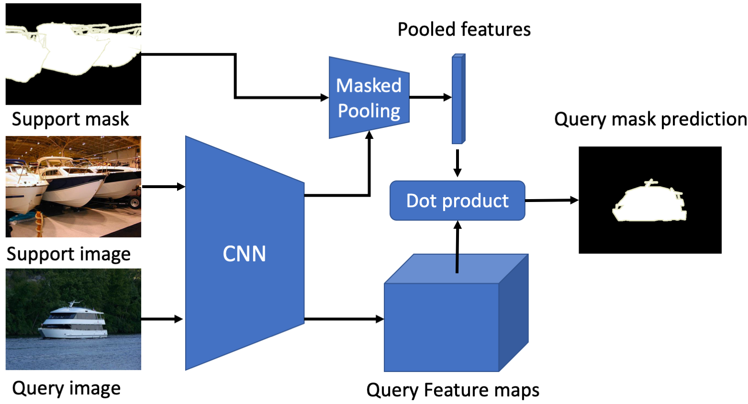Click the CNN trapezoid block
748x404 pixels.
click(244, 253)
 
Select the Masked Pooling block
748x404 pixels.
click(368, 98)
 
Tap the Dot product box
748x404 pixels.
click(457, 201)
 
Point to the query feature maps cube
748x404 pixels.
click(442, 327)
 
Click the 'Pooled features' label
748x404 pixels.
click(464, 30)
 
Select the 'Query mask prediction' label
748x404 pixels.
click(650, 119)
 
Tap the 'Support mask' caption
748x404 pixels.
click(70, 119)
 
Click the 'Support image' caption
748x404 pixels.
click(68, 254)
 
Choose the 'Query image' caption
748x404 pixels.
click(66, 388)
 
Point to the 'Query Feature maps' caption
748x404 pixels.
click(453, 390)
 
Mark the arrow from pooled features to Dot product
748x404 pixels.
click(458, 163)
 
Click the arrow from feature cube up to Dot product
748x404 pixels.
click(458, 247)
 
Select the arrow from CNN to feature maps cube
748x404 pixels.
click(344, 319)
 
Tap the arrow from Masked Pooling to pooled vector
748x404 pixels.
click(430, 97)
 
